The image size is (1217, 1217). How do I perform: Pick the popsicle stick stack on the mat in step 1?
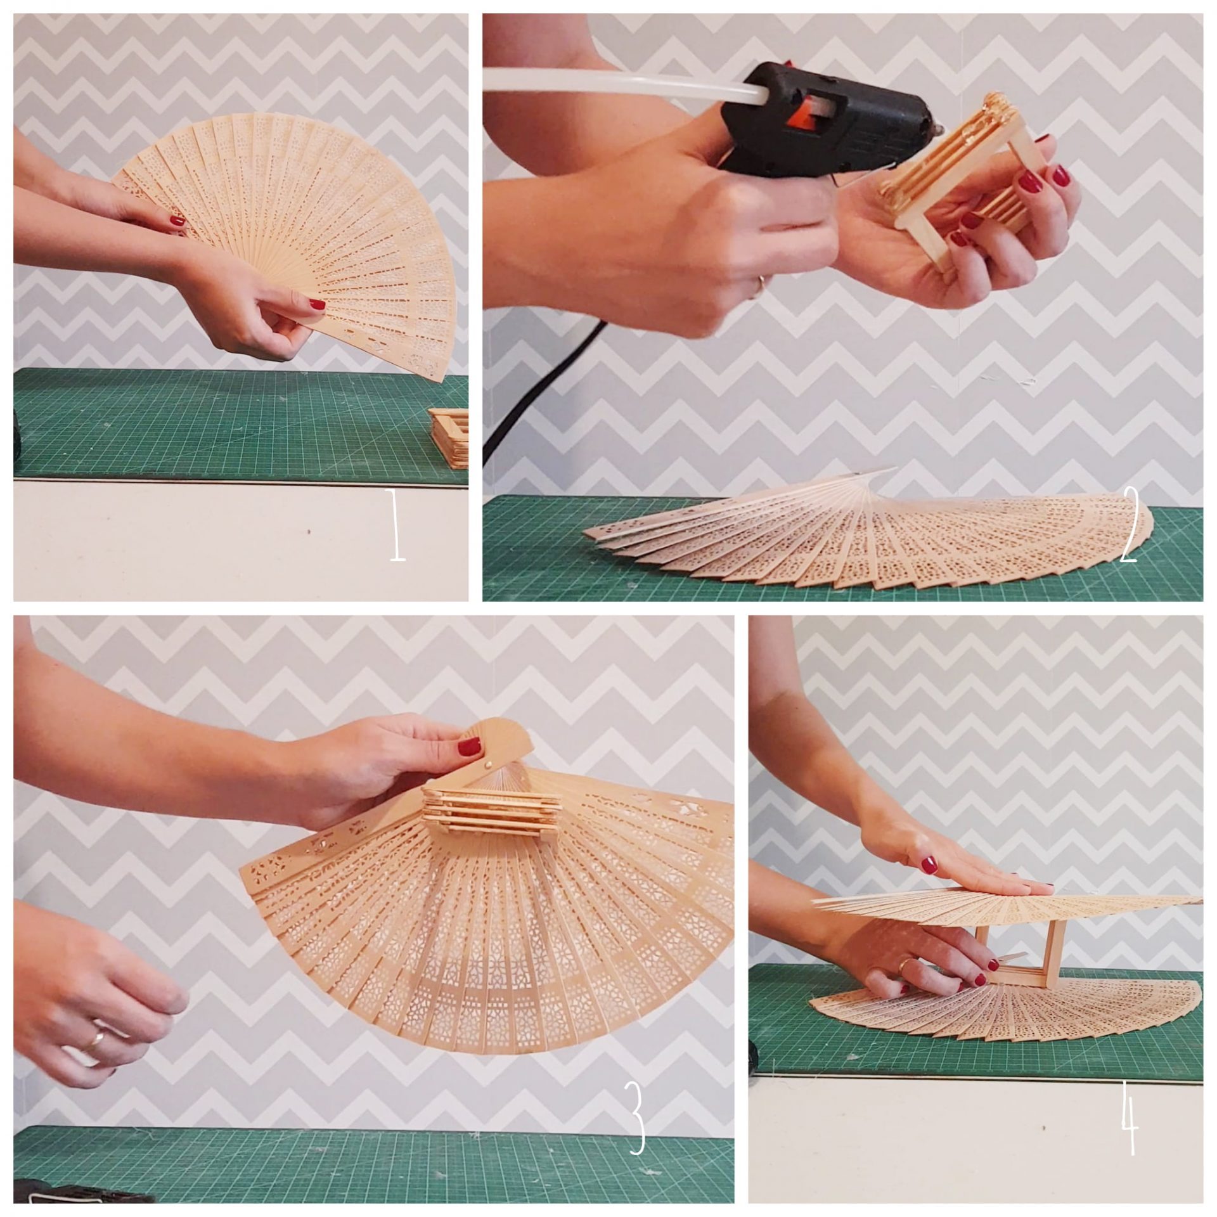coord(449,429)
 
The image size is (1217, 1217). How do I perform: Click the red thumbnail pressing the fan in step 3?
coord(470,747)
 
